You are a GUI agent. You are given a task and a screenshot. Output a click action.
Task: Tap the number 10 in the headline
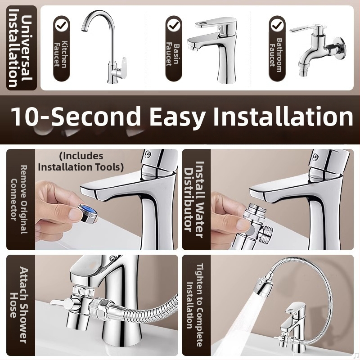click(x=27, y=116)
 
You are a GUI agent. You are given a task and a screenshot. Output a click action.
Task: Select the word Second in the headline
click(x=96, y=116)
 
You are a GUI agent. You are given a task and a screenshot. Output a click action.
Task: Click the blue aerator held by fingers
click(x=87, y=213)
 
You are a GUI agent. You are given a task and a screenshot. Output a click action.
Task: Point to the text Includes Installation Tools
click(x=81, y=162)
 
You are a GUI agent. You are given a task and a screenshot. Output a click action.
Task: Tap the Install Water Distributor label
click(x=194, y=199)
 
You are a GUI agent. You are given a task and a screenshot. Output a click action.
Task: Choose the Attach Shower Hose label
click(x=19, y=305)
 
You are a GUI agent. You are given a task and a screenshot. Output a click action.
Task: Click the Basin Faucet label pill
click(x=174, y=48)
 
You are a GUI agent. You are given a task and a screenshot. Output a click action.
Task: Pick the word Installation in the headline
click(x=283, y=116)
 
